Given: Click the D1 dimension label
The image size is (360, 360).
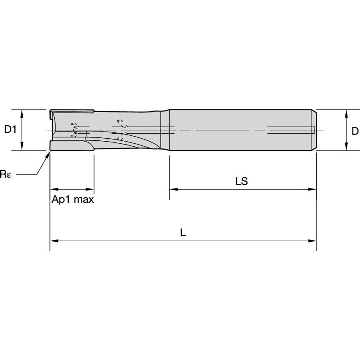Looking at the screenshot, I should (10, 130).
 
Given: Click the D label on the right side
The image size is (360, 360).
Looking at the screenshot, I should (355, 132).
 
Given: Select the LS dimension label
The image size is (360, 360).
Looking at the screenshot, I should (242, 182).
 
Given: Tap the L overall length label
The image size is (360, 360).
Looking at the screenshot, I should (183, 233).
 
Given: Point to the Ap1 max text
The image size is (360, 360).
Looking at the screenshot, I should (73, 199).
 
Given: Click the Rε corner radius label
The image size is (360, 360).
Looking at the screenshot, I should (5, 174).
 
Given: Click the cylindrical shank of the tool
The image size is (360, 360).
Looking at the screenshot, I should (240, 130).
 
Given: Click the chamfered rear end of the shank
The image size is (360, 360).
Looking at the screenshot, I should (314, 130).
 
